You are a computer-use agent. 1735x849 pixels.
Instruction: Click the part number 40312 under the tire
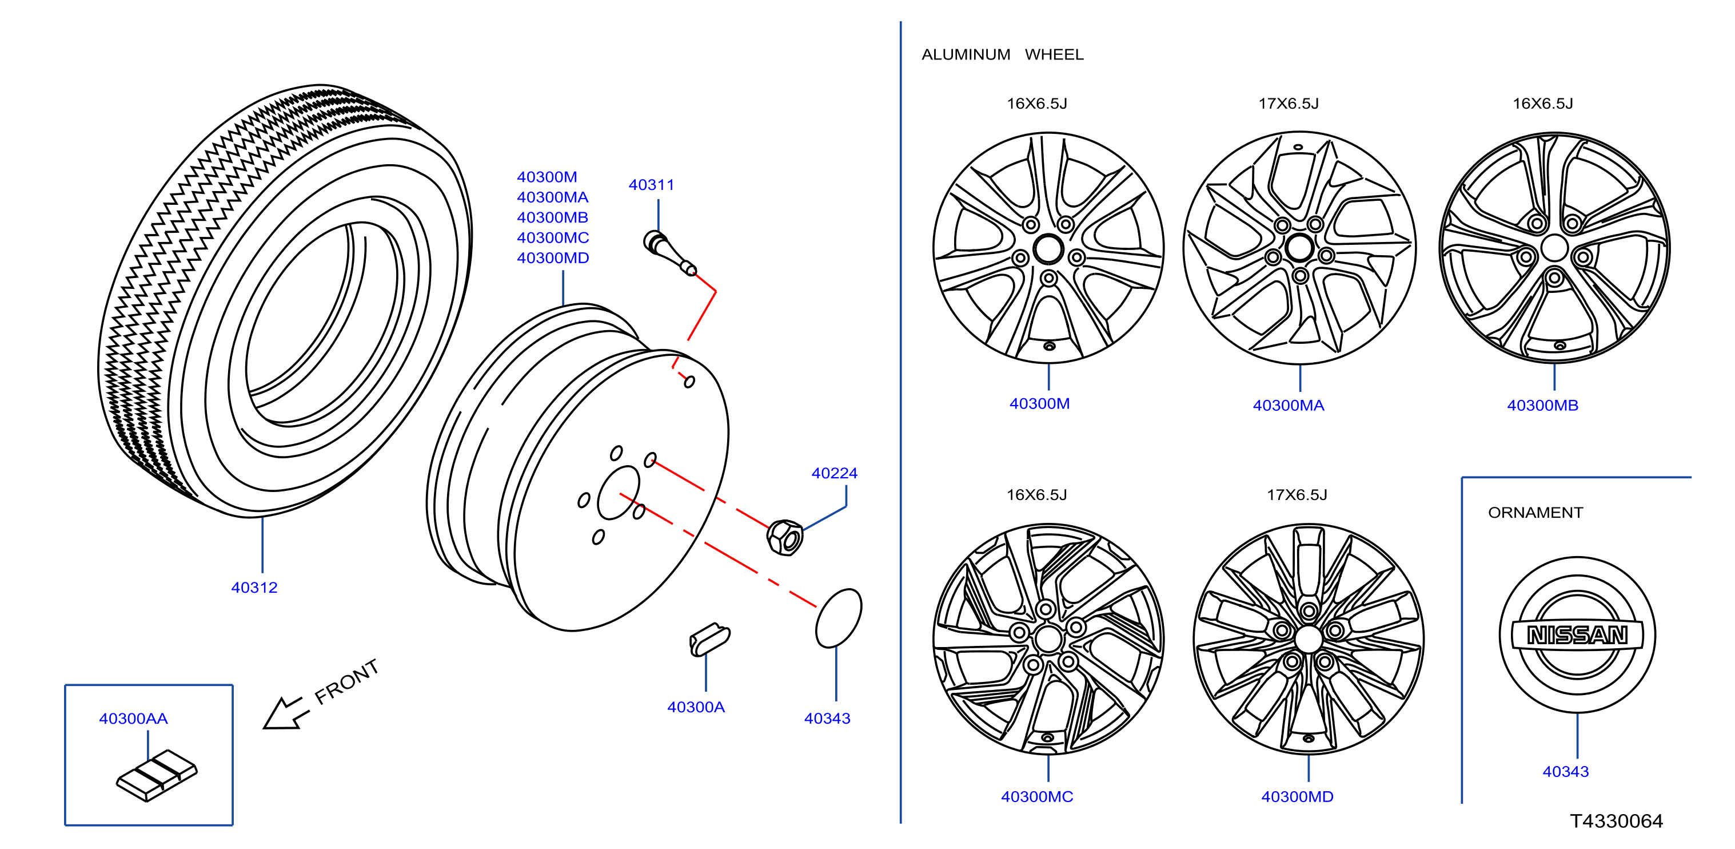click(254, 588)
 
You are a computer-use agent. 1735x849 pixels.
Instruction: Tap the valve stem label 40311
click(651, 185)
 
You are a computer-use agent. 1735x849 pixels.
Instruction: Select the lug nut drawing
click(785, 537)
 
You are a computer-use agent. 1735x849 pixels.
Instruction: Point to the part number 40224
click(835, 473)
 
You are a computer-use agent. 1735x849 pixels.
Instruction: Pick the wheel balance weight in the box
click(157, 776)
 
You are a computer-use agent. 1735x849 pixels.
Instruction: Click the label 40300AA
click(133, 719)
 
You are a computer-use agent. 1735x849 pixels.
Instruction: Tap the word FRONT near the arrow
click(347, 681)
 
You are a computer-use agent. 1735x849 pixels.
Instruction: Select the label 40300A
click(696, 707)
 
